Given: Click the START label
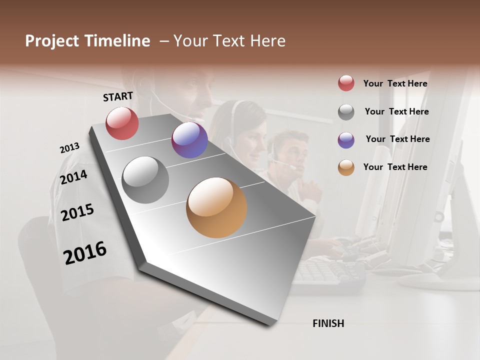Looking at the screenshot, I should point(118,96).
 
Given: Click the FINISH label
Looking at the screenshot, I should point(328,323).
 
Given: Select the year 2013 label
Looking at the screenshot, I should point(69,148).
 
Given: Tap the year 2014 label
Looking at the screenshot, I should point(74,177).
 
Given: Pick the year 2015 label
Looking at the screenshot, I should point(77,212).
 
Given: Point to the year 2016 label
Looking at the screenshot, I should point(85,253).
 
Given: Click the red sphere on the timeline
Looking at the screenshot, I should point(122,123).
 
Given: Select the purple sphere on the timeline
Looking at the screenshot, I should point(189,140).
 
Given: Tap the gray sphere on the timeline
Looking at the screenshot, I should point(145,180).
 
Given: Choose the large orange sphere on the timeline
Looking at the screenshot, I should point(216,207).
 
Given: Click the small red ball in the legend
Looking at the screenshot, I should point(346,83).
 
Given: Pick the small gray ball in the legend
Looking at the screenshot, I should point(346,112).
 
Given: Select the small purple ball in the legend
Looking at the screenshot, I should point(346,139).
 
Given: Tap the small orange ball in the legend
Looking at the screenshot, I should point(346,167).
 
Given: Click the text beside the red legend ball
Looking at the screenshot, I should point(395,83).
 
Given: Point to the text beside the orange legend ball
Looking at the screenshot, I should point(395,167).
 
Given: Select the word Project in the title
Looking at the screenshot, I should point(52,41).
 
